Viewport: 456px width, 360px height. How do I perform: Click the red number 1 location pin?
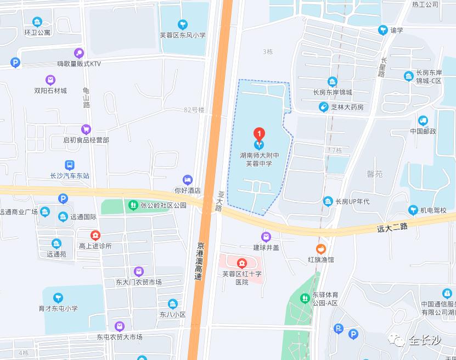(x=258, y=134)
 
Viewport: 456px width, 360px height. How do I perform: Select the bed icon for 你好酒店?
(x=188, y=179)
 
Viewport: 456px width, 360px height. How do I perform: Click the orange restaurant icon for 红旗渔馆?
(x=320, y=248)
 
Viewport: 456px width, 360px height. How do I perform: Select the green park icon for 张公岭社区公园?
(x=132, y=205)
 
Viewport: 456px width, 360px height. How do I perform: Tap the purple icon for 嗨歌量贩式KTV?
(x=80, y=53)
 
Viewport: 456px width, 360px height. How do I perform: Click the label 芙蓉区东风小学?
(x=183, y=35)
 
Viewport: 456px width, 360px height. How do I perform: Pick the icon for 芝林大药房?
(x=324, y=107)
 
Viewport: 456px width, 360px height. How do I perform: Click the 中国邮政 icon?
(x=423, y=120)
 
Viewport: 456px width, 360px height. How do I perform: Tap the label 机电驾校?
(x=434, y=210)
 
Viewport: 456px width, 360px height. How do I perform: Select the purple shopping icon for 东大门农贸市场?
(x=138, y=271)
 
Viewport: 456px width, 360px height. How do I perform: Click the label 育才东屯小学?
(x=58, y=308)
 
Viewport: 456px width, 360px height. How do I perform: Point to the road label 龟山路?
(x=86, y=97)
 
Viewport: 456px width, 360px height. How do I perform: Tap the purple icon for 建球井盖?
(x=266, y=237)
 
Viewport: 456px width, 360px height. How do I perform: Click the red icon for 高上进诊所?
(x=95, y=235)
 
